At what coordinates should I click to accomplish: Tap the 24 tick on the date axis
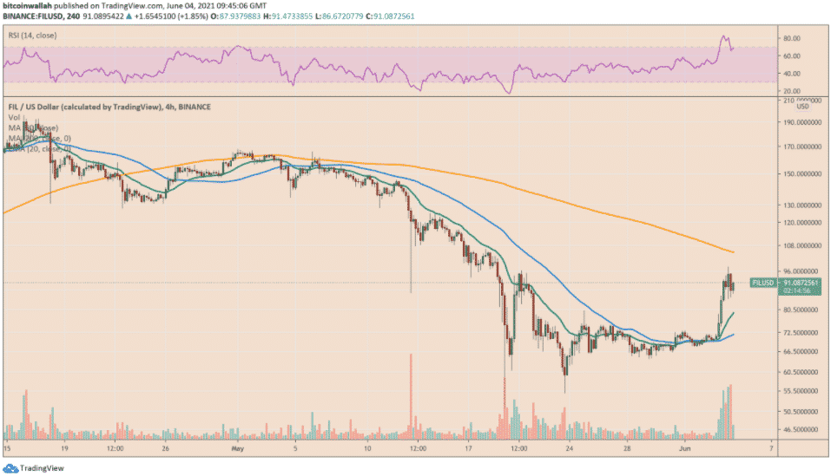[x=569, y=449]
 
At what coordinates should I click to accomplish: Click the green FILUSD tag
[x=762, y=283]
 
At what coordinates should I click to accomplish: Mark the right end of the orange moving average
[x=735, y=252]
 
